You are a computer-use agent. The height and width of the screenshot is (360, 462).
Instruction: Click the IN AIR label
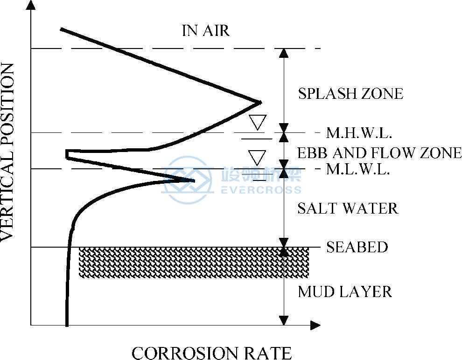(206, 31)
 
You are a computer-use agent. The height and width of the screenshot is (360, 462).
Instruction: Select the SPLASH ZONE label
(350, 94)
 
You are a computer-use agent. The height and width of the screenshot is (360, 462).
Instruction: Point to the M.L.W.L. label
(358, 169)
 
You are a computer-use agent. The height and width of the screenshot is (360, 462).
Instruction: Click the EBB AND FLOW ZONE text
(379, 152)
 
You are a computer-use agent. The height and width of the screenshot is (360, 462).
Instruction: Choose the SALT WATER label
(348, 208)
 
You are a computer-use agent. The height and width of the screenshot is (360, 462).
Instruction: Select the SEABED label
(357, 247)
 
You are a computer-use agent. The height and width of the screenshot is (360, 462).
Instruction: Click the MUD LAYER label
(345, 292)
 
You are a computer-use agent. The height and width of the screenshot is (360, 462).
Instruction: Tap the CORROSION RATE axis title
(211, 353)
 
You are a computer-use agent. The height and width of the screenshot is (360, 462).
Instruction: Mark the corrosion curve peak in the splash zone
(259, 102)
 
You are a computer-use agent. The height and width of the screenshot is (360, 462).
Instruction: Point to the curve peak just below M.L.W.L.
(193, 180)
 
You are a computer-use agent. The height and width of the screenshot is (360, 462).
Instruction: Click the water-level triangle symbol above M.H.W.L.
(257, 122)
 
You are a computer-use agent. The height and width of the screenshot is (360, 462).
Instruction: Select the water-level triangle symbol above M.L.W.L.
(257, 157)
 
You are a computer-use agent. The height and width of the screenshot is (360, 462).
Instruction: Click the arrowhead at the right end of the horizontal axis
(315, 325)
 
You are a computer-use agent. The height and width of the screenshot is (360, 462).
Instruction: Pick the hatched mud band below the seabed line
(194, 263)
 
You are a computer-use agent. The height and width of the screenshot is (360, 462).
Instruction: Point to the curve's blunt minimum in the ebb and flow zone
(67, 154)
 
